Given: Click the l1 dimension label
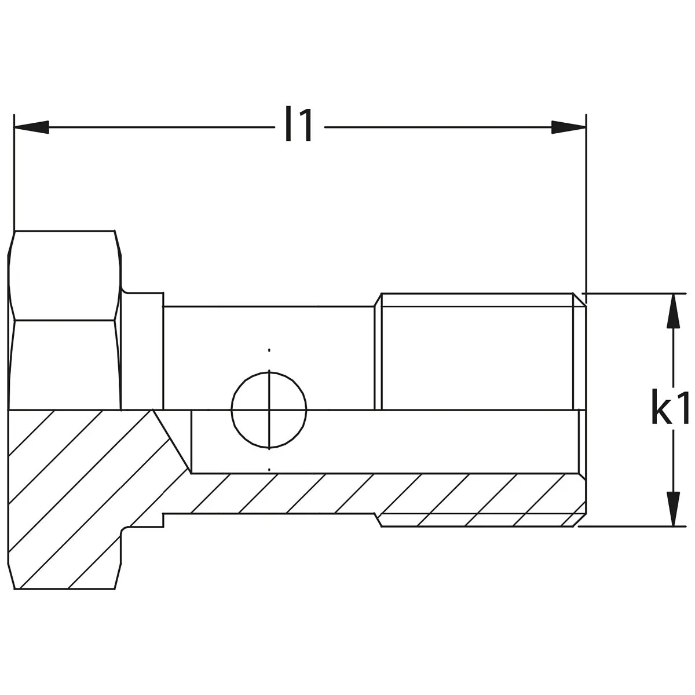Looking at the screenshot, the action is point(299,124).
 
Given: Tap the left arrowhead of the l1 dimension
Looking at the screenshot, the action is point(31,127).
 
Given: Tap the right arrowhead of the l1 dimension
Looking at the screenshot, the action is point(568,127).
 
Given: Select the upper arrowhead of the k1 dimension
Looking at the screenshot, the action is point(672,311).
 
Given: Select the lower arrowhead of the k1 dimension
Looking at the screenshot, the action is point(672,509).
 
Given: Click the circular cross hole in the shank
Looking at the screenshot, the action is point(269,410).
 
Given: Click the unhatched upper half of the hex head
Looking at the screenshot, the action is point(65,320).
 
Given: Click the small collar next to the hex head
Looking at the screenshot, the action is point(143,351).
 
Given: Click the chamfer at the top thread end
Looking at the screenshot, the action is point(580,299).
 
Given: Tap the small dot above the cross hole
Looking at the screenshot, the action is point(269,350).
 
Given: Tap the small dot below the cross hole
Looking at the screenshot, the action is point(269,470).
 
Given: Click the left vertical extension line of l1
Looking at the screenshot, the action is point(14,173).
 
